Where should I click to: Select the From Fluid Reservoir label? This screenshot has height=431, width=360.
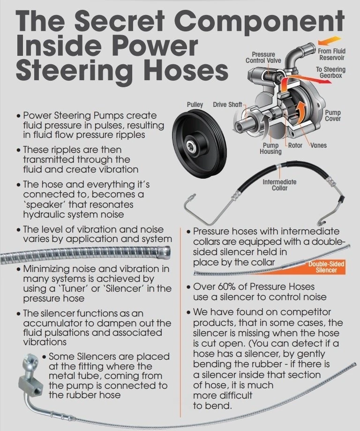[331, 55]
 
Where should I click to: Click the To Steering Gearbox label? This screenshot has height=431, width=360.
[331, 73]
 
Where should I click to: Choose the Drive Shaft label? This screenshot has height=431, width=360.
[227, 104]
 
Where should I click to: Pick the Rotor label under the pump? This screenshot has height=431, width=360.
[295, 145]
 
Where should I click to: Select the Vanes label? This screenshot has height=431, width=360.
[318, 145]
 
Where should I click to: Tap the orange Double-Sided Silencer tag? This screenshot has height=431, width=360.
[326, 267]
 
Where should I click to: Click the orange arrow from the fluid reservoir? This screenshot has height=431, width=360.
[324, 41]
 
